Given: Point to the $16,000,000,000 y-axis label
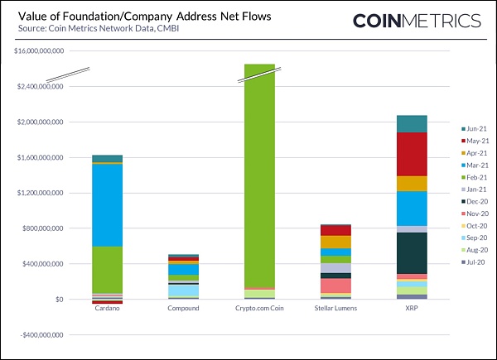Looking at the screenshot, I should (x=39, y=50).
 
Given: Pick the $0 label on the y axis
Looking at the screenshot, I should (x=59, y=300).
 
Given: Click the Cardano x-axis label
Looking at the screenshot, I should (x=107, y=310).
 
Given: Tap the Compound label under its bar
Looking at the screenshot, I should (x=183, y=310).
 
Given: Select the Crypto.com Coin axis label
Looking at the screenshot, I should (x=259, y=310).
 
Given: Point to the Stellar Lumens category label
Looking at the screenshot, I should (x=336, y=310).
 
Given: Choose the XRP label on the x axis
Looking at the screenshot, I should (x=412, y=310).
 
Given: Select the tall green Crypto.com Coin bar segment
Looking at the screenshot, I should (x=259, y=182).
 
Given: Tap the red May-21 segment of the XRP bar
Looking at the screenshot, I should (x=412, y=154).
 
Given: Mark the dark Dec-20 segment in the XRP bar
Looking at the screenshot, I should (x=412, y=252).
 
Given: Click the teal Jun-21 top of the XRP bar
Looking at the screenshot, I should (x=412, y=124).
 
